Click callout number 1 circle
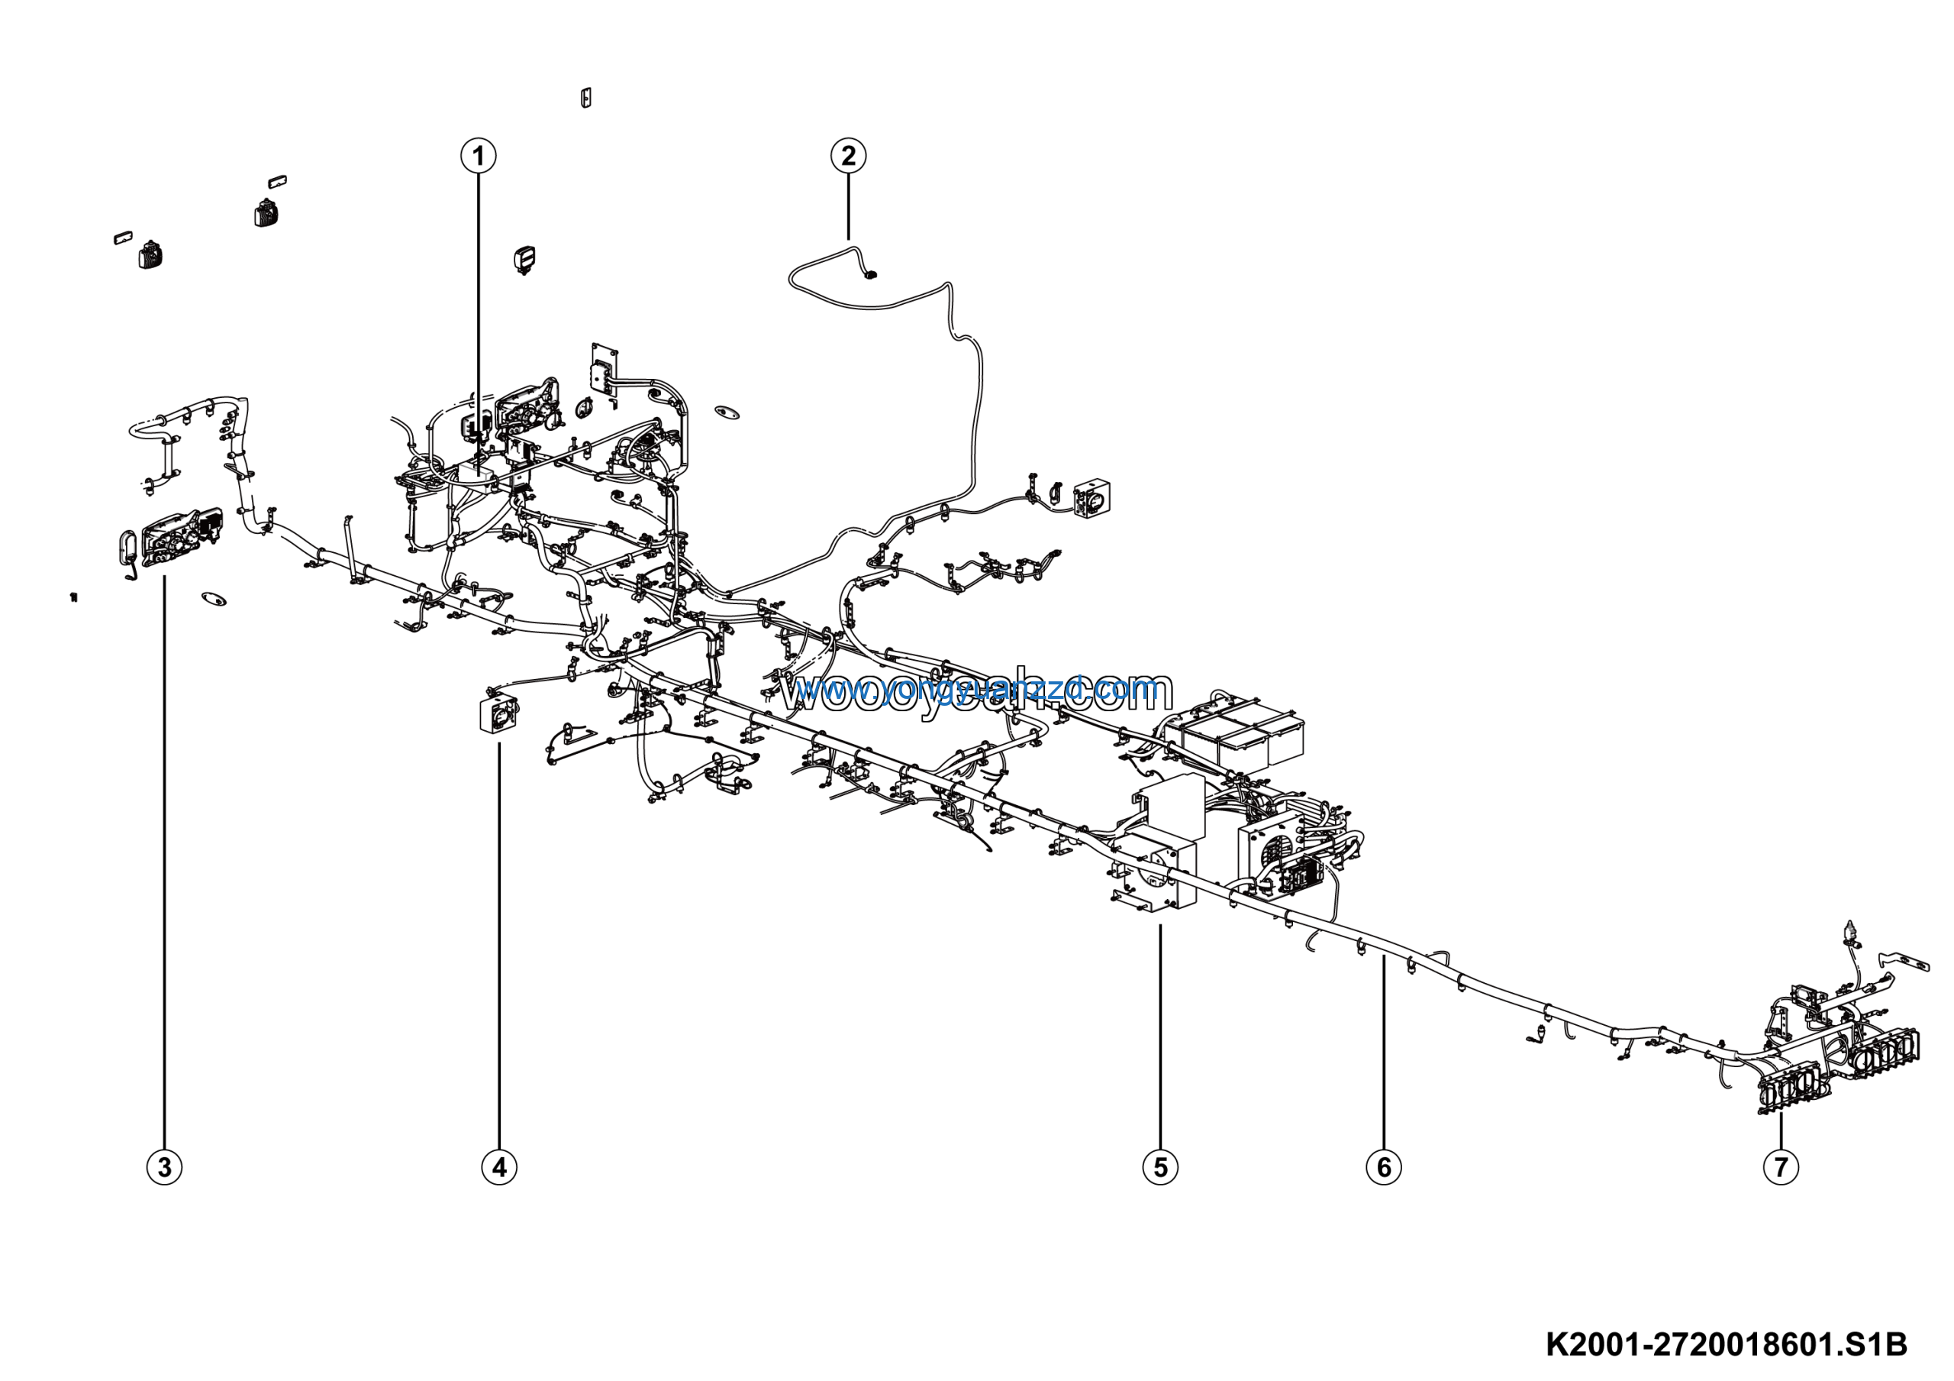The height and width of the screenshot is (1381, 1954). (x=479, y=156)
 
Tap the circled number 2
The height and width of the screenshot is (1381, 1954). (x=848, y=156)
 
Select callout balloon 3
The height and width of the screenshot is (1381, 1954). (x=164, y=1166)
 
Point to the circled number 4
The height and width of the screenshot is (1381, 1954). (x=498, y=1166)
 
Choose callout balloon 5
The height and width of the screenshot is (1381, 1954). (x=1160, y=1166)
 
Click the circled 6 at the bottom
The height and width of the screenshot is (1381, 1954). (x=1384, y=1166)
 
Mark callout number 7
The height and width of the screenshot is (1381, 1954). (x=1781, y=1166)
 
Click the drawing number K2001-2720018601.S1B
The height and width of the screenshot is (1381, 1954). (x=1726, y=1345)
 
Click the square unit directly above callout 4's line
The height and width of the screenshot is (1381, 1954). (x=498, y=713)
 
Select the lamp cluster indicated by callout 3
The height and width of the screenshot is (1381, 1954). (x=180, y=538)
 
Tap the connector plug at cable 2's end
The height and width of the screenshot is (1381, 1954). (x=870, y=274)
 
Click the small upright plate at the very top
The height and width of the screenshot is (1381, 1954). (x=585, y=98)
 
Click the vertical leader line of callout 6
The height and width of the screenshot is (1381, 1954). (x=1384, y=1056)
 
